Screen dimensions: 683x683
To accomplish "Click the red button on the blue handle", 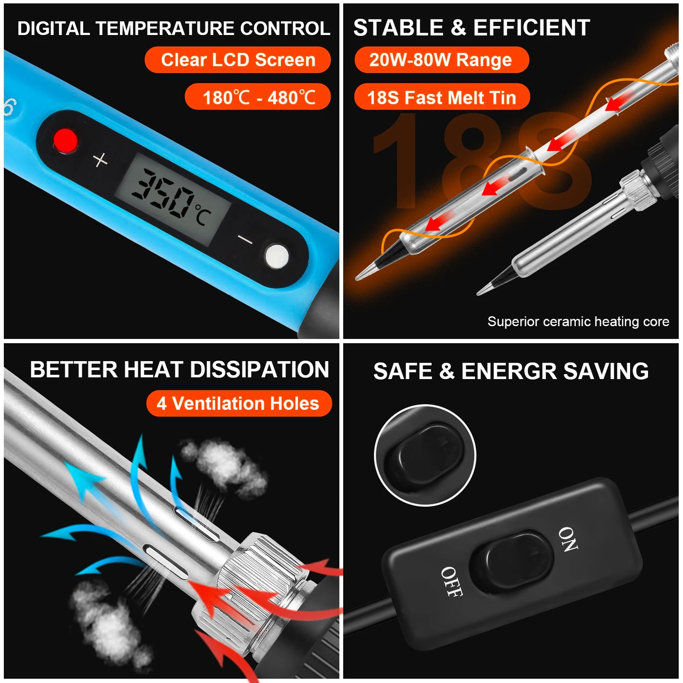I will (65, 140).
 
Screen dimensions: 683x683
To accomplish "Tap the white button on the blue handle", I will (277, 257).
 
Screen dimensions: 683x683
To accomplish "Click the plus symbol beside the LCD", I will (100, 160).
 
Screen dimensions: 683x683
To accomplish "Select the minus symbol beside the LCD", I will (245, 240).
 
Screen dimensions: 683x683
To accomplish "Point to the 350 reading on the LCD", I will (163, 194).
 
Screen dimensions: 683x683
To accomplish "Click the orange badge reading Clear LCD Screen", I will (238, 60).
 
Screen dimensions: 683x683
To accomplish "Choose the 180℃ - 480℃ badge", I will (258, 97).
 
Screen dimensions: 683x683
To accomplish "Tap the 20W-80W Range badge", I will (441, 60).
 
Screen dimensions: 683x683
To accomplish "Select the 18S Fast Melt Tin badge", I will (441, 97).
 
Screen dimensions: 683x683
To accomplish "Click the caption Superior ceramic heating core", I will (578, 321).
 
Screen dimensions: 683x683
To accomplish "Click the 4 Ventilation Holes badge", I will (239, 403).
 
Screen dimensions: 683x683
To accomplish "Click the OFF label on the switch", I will (451, 581).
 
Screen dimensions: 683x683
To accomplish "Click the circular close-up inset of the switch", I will (424, 455).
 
